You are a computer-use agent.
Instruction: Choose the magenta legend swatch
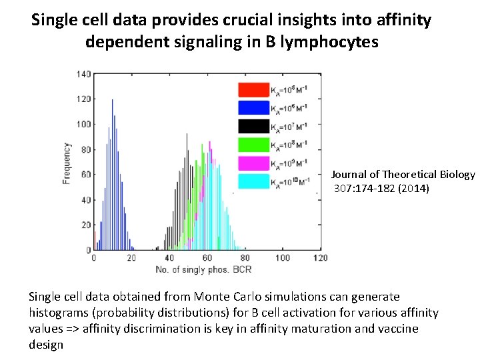click(x=253, y=163)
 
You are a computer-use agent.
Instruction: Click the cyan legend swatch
click(x=253, y=181)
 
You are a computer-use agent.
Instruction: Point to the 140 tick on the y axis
click(x=83, y=73)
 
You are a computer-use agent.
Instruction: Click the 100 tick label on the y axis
click(x=83, y=124)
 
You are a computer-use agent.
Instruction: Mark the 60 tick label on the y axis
click(x=85, y=175)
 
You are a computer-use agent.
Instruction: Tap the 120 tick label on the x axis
click(x=321, y=258)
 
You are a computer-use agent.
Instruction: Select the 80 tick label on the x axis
click(x=245, y=258)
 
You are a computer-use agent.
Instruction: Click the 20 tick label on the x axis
click(x=131, y=258)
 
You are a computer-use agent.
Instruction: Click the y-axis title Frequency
click(x=67, y=163)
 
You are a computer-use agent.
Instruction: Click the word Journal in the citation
click(x=350, y=175)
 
